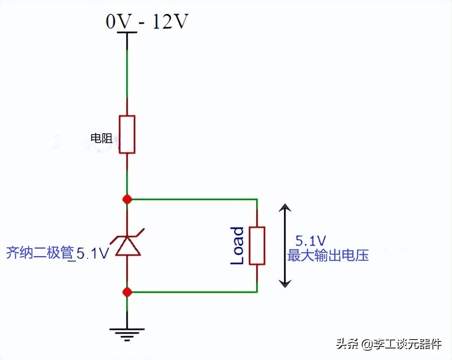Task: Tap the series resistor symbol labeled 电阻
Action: (x=127, y=134)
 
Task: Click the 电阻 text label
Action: (x=102, y=138)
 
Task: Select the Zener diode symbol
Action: (x=127, y=245)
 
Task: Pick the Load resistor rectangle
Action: (x=257, y=245)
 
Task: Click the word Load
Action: (x=237, y=246)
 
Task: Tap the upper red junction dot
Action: (x=127, y=199)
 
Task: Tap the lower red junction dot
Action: (x=127, y=292)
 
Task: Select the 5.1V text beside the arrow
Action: (x=310, y=241)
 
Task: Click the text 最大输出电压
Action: (x=328, y=255)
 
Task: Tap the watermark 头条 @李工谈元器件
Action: (x=389, y=344)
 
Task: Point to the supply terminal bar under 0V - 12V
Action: (x=127, y=32)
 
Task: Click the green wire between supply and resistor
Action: (x=127, y=74)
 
